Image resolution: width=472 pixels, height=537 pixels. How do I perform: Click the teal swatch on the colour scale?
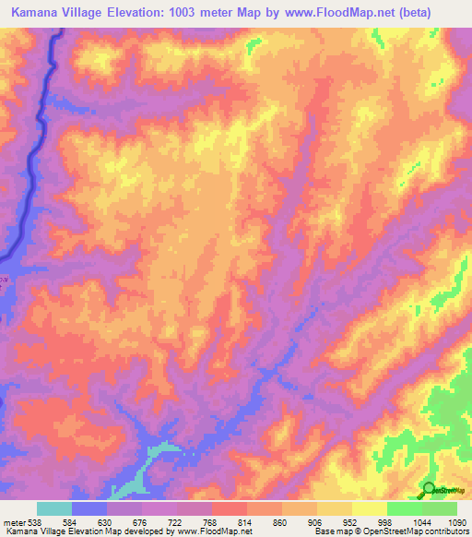click(54, 508)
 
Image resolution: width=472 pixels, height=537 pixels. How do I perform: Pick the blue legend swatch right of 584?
click(89, 508)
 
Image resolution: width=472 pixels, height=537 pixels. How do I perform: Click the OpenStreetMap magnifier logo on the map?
click(429, 489)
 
